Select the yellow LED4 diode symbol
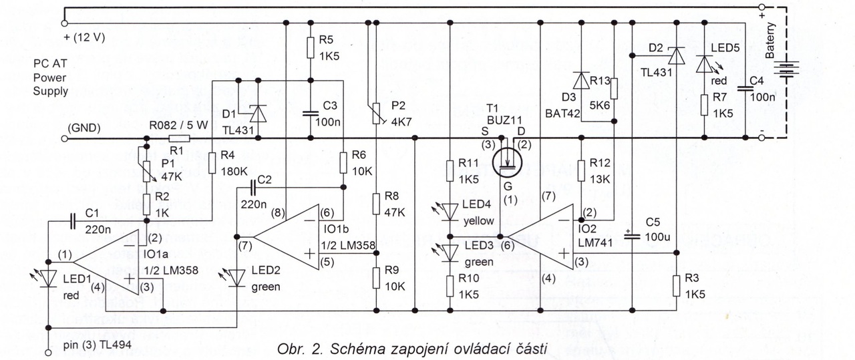(x=450, y=210)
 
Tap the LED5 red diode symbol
(x=705, y=65)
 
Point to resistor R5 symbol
(x=311, y=47)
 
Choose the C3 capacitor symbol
(x=311, y=112)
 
